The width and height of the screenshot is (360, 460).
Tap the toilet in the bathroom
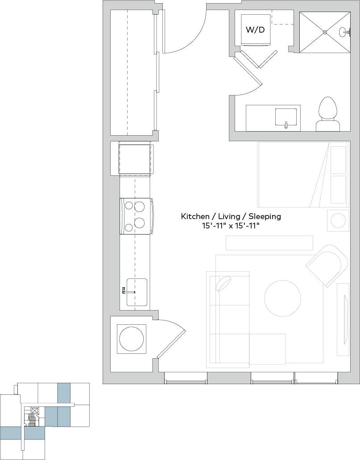click(x=328, y=113)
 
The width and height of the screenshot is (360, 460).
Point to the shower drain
click(x=325, y=32)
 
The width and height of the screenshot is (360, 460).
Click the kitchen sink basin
click(x=137, y=292)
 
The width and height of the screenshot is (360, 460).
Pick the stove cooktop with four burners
click(x=136, y=216)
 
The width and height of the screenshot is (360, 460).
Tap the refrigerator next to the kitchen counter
click(x=135, y=159)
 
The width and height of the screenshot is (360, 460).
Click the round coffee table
click(x=283, y=298)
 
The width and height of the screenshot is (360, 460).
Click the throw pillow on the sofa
click(x=223, y=283)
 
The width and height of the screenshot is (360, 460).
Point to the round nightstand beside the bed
click(x=338, y=220)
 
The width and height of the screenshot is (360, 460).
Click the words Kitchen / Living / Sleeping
click(x=231, y=216)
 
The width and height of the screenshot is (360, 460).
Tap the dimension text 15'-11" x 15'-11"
click(x=231, y=226)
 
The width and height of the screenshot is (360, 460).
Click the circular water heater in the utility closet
click(x=132, y=339)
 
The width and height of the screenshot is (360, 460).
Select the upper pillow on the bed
click(x=338, y=159)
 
